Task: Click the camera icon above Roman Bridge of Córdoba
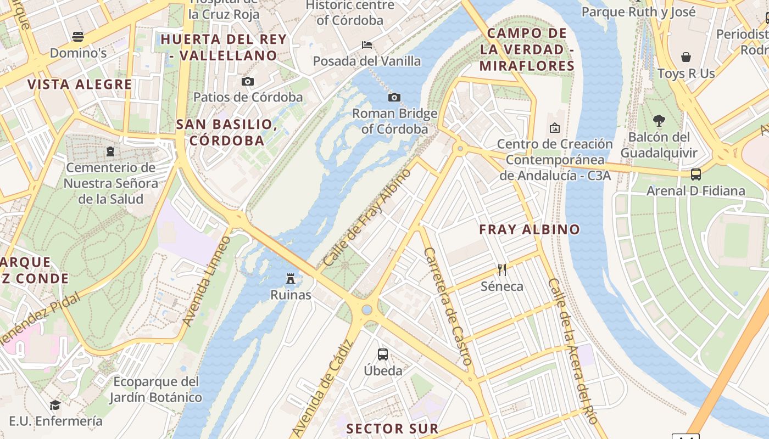394,97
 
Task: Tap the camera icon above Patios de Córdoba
248,81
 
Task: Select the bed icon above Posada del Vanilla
367,44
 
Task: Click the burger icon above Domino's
78,37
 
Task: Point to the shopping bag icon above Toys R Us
686,57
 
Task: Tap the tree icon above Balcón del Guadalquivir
659,120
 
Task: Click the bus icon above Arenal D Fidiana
696,175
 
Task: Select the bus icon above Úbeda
383,354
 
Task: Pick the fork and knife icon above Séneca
501,269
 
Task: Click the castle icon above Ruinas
291,279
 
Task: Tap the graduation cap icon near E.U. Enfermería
55,405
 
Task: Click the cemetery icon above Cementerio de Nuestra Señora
110,151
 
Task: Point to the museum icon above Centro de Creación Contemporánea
555,128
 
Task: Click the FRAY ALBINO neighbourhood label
530,229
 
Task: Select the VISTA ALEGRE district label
80,85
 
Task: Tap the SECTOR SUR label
393,429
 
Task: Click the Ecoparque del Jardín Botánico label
155,389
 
